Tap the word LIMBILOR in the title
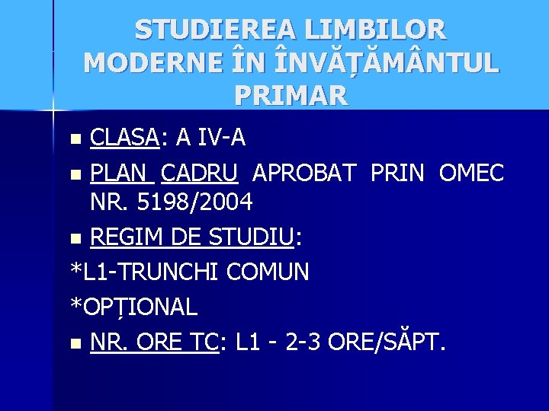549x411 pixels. pyautogui.click(x=376, y=30)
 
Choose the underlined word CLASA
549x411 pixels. pyautogui.click(x=124, y=138)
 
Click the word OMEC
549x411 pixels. pyautogui.click(x=471, y=173)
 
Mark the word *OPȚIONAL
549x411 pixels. pyautogui.click(x=134, y=307)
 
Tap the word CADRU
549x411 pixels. pyautogui.click(x=201, y=173)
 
